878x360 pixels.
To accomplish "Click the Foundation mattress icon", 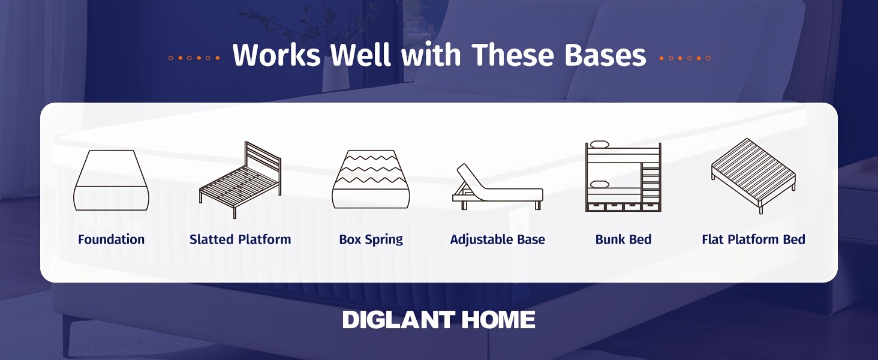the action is point(112,180).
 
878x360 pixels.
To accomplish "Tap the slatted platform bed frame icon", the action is point(240,180).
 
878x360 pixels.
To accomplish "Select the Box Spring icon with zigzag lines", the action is point(371,179).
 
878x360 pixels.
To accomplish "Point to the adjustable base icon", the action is point(498,187).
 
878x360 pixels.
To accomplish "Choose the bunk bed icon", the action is point(623,176).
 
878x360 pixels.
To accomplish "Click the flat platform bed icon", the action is point(753,176).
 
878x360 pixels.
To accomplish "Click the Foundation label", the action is point(112,239).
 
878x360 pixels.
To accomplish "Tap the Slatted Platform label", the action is point(240,239).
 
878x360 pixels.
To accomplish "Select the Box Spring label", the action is point(371,239).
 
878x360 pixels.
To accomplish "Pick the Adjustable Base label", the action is point(497,239).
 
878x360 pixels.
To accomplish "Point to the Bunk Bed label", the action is point(623,239).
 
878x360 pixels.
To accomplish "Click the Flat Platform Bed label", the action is point(753,239).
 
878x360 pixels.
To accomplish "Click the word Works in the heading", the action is point(276,55).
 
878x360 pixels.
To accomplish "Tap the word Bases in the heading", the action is point(605,55).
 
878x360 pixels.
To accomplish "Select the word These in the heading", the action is point(513,55).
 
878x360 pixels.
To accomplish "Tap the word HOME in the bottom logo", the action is point(498,320).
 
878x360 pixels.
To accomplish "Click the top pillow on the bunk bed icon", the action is point(600,144).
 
